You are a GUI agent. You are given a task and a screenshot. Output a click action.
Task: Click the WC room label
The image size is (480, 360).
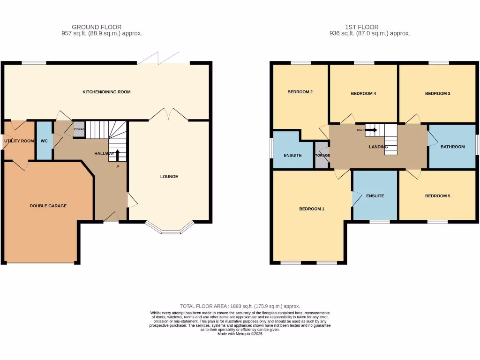pyautogui.click(x=44, y=141)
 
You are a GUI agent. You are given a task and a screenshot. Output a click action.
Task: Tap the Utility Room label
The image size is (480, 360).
pyautogui.click(x=19, y=141)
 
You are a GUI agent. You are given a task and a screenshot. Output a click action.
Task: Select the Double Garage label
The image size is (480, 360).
pyautogui.click(x=48, y=206)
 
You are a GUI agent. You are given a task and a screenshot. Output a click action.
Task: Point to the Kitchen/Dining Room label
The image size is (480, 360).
pyautogui.click(x=106, y=92)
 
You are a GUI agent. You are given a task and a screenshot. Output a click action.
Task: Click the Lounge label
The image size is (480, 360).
pyautogui.click(x=169, y=177)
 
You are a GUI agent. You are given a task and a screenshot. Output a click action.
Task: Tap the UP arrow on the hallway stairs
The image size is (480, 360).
pyautogui.click(x=117, y=155)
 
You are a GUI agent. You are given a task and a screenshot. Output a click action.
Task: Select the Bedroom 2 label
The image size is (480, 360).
pyautogui.click(x=300, y=92)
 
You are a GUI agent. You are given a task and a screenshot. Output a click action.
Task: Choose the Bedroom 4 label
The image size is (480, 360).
pyautogui.click(x=363, y=94)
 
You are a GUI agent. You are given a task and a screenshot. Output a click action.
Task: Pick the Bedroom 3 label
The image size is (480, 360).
pyautogui.click(x=437, y=93)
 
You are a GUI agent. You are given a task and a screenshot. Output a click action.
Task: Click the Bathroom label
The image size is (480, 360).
pyautogui.click(x=452, y=147)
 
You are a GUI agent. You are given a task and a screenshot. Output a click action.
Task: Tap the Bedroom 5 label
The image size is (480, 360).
pyautogui.click(x=437, y=196)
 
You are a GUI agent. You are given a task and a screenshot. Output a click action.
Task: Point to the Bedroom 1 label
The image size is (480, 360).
pyautogui.click(x=312, y=209)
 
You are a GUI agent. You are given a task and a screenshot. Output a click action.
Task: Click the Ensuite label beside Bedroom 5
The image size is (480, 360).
pyautogui.click(x=375, y=196)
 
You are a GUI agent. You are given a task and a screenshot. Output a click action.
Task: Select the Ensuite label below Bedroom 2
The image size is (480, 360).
pyautogui.click(x=293, y=155)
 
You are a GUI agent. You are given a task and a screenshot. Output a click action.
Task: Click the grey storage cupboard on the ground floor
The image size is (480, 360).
pyautogui.click(x=78, y=129)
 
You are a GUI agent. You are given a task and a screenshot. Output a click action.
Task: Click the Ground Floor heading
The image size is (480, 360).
pyautogui.click(x=97, y=27)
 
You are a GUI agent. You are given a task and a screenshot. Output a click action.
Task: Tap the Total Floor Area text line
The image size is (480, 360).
pyautogui.click(x=240, y=306)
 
